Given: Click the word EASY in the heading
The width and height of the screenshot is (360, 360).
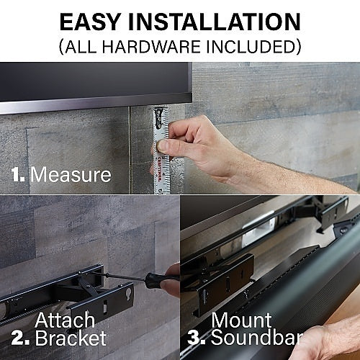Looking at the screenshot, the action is [x=89, y=22].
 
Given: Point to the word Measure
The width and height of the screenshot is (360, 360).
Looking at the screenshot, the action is [x=71, y=174].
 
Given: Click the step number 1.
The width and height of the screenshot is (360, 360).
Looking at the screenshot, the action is [x=18, y=174].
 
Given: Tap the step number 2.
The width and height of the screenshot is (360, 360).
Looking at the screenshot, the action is [x=20, y=338].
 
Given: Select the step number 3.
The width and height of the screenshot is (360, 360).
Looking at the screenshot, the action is [x=197, y=338].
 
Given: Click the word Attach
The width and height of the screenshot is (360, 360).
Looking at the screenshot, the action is [x=65, y=320].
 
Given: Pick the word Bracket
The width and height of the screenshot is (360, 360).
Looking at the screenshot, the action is [x=71, y=338].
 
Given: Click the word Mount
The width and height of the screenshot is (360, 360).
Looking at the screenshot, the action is [x=241, y=320].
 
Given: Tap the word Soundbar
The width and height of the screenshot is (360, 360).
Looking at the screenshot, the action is [x=257, y=338].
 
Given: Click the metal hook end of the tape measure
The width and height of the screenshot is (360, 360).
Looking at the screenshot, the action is [x=159, y=117].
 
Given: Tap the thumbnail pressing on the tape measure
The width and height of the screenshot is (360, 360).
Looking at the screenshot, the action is [x=162, y=146].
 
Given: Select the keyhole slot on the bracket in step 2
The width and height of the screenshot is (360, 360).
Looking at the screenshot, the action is [x=128, y=292].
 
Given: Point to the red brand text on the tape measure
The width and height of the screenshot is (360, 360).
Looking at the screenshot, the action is [x=159, y=167].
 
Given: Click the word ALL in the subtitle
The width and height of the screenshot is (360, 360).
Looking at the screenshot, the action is [x=82, y=47].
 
